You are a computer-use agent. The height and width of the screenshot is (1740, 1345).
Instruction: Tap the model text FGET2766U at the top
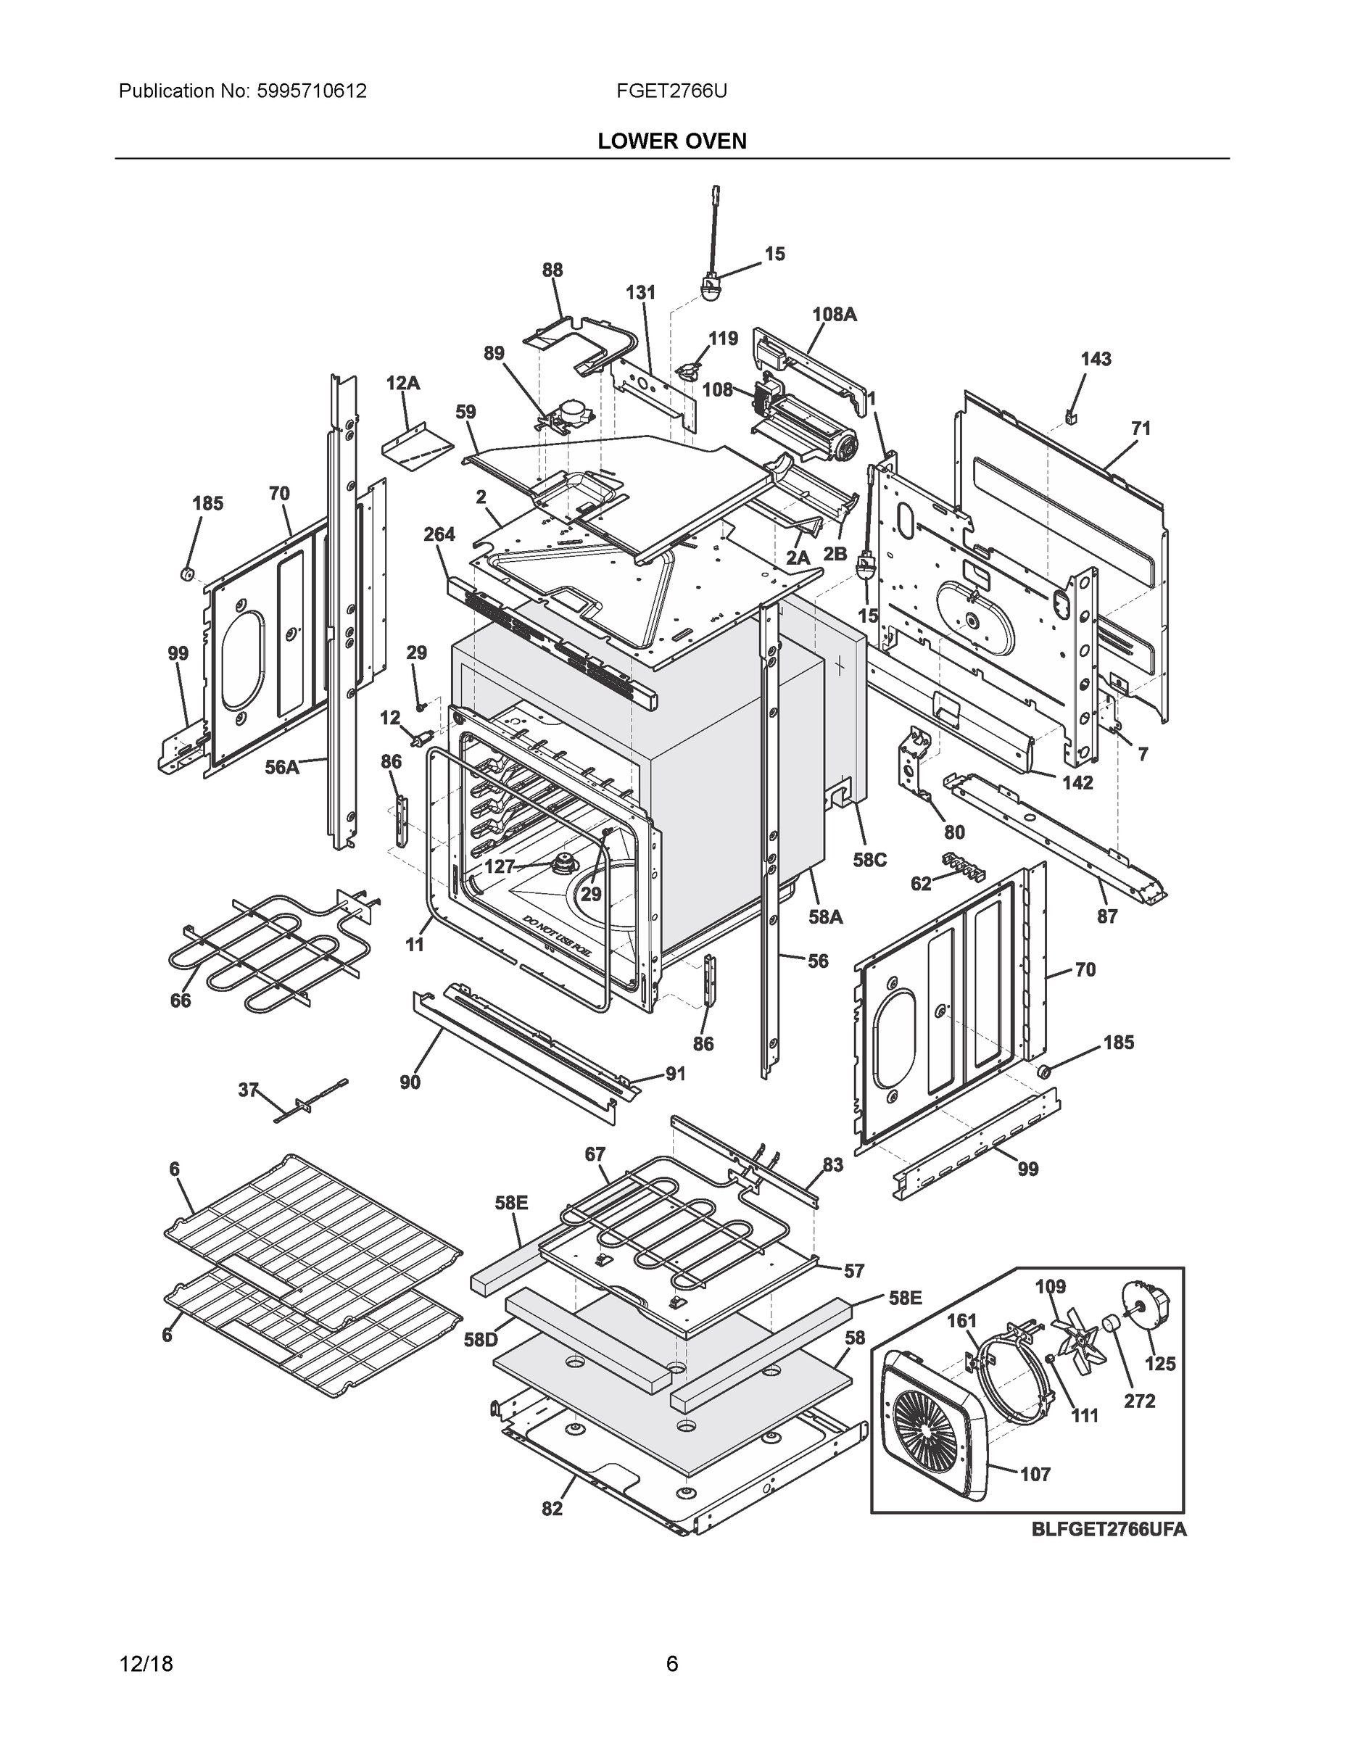(671, 91)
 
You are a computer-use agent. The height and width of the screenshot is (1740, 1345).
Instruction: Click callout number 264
(439, 534)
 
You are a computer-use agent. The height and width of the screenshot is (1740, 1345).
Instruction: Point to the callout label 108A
(835, 314)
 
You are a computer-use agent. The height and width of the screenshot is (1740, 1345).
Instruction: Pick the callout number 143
(1096, 360)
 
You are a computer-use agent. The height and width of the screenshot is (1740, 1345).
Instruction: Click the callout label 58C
(869, 861)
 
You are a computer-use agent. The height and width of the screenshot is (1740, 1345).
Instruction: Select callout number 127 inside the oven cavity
(500, 867)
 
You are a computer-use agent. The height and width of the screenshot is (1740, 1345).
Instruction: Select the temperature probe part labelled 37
(311, 1101)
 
